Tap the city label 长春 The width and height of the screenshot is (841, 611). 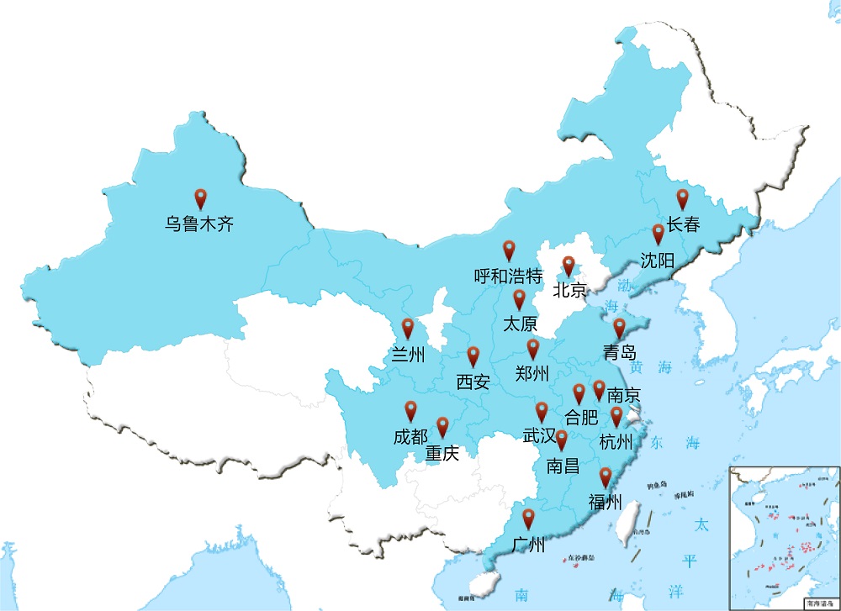[x=683, y=224]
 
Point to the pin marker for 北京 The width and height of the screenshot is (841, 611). [x=569, y=266]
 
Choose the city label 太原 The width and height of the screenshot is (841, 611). [x=520, y=323]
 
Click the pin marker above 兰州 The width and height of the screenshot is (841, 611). [x=408, y=328]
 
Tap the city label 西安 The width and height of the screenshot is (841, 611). [x=473, y=382]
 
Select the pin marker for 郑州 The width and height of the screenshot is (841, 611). [x=532, y=349]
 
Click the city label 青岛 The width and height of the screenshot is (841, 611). [x=619, y=351]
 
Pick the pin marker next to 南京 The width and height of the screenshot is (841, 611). [x=599, y=389]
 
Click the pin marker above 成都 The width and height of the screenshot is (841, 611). [x=410, y=410]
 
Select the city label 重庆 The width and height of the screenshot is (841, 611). [x=442, y=454]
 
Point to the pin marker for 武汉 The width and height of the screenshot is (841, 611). [x=542, y=412]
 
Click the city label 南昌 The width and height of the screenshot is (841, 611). [x=563, y=466]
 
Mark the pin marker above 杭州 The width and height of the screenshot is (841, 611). [x=616, y=416]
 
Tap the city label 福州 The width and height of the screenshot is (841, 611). [x=605, y=503]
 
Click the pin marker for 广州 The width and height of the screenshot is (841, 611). [x=528, y=519]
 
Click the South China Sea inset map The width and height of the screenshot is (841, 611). [x=784, y=538]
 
